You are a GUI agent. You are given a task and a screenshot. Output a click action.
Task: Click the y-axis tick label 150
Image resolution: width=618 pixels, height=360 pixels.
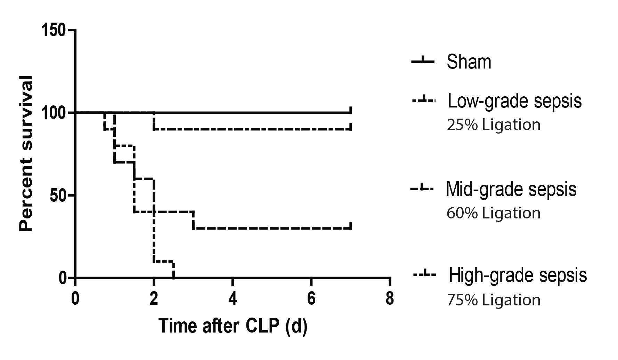click(53, 31)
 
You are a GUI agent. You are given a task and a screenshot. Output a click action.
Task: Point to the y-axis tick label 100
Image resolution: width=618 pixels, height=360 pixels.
click(53, 113)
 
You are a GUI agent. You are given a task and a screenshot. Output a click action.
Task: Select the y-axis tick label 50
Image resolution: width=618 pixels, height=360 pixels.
click(58, 195)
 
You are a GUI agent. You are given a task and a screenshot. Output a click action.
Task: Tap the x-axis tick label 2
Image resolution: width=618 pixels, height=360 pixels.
click(154, 299)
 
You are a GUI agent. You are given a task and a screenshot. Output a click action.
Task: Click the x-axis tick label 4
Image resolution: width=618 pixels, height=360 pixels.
click(233, 299)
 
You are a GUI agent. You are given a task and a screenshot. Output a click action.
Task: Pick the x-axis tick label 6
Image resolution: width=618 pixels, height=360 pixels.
click(311, 299)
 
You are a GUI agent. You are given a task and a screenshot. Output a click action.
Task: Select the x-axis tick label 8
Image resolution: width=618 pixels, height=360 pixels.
click(390, 299)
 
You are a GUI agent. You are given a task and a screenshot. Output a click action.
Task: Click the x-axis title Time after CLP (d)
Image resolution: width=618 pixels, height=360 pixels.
click(233, 327)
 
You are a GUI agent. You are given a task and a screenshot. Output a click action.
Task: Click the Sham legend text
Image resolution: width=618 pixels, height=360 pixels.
click(469, 62)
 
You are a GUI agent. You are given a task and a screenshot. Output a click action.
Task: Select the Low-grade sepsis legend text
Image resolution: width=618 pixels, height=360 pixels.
click(514, 101)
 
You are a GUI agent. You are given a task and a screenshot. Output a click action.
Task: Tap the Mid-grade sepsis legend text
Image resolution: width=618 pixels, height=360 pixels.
click(511, 190)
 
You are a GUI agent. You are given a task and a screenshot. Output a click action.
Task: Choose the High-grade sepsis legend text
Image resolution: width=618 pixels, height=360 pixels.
click(518, 275)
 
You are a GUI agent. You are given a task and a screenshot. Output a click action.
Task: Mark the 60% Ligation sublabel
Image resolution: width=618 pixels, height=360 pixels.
click(494, 213)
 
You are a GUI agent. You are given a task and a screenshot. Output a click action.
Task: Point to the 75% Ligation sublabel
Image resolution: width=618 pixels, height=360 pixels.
click(494, 300)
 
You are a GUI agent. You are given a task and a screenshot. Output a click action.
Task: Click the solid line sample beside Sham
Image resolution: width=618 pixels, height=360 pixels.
click(423, 62)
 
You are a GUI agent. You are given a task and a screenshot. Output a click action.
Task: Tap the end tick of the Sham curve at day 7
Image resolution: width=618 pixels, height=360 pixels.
click(351, 111)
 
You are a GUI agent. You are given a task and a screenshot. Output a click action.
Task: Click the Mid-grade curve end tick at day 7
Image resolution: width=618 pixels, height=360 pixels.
click(351, 226)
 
